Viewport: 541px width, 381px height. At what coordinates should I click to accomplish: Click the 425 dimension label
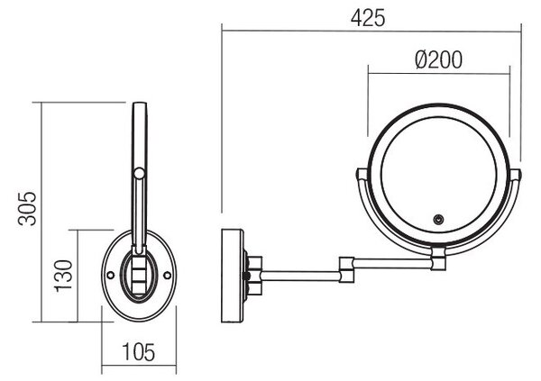[x=368, y=18]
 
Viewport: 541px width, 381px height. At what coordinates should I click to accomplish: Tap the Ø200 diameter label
[x=438, y=59]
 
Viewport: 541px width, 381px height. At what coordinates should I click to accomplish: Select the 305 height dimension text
[x=27, y=209]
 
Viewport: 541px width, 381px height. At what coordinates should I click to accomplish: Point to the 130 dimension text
[x=64, y=276]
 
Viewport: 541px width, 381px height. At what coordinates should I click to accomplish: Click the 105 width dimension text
[x=139, y=352]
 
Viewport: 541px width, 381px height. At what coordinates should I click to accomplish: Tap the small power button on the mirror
[x=438, y=219]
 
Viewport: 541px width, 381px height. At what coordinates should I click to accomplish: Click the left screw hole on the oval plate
[x=111, y=275]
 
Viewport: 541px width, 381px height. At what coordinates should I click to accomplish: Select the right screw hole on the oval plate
[x=167, y=275]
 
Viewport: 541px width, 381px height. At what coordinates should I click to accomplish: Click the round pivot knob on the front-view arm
[x=139, y=173]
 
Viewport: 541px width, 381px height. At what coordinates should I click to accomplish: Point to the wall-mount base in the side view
[x=233, y=276]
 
